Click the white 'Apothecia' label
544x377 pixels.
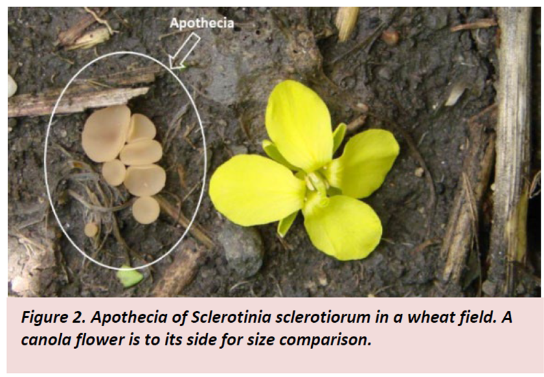[x=201, y=23]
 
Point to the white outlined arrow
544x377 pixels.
[x=184, y=51]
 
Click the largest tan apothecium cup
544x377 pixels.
[x=106, y=133]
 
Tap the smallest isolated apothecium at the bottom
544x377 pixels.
[x=91, y=230]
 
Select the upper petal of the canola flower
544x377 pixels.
[x=299, y=125]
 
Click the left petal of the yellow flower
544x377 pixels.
[x=256, y=190]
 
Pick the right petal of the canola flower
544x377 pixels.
[x=364, y=163]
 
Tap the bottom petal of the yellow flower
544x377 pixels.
[x=342, y=227]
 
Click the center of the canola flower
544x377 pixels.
[x=317, y=184]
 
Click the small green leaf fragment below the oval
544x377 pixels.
[x=129, y=277]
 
